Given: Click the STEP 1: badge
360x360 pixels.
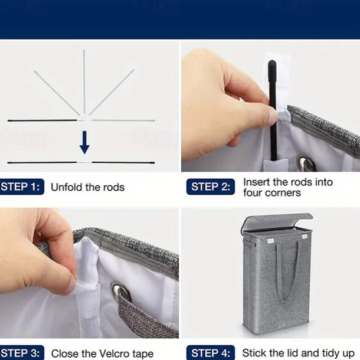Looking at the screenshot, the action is (22, 186).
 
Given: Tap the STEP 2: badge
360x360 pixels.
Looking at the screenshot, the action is (211, 186).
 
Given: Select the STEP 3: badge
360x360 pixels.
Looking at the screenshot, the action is (22, 353).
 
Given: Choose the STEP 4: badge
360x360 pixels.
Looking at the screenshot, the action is (211, 353).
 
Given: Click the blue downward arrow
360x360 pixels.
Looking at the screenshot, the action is (84, 142).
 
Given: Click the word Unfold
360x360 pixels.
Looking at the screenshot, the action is (67, 187).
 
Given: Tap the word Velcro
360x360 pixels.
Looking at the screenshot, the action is (114, 354).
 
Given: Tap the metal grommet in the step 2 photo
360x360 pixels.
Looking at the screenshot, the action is (306, 162).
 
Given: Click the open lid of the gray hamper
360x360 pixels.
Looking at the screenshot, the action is (277, 221).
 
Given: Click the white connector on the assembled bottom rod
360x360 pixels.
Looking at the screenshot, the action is (84, 162).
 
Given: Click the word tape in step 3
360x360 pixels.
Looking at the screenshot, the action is (143, 354).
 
